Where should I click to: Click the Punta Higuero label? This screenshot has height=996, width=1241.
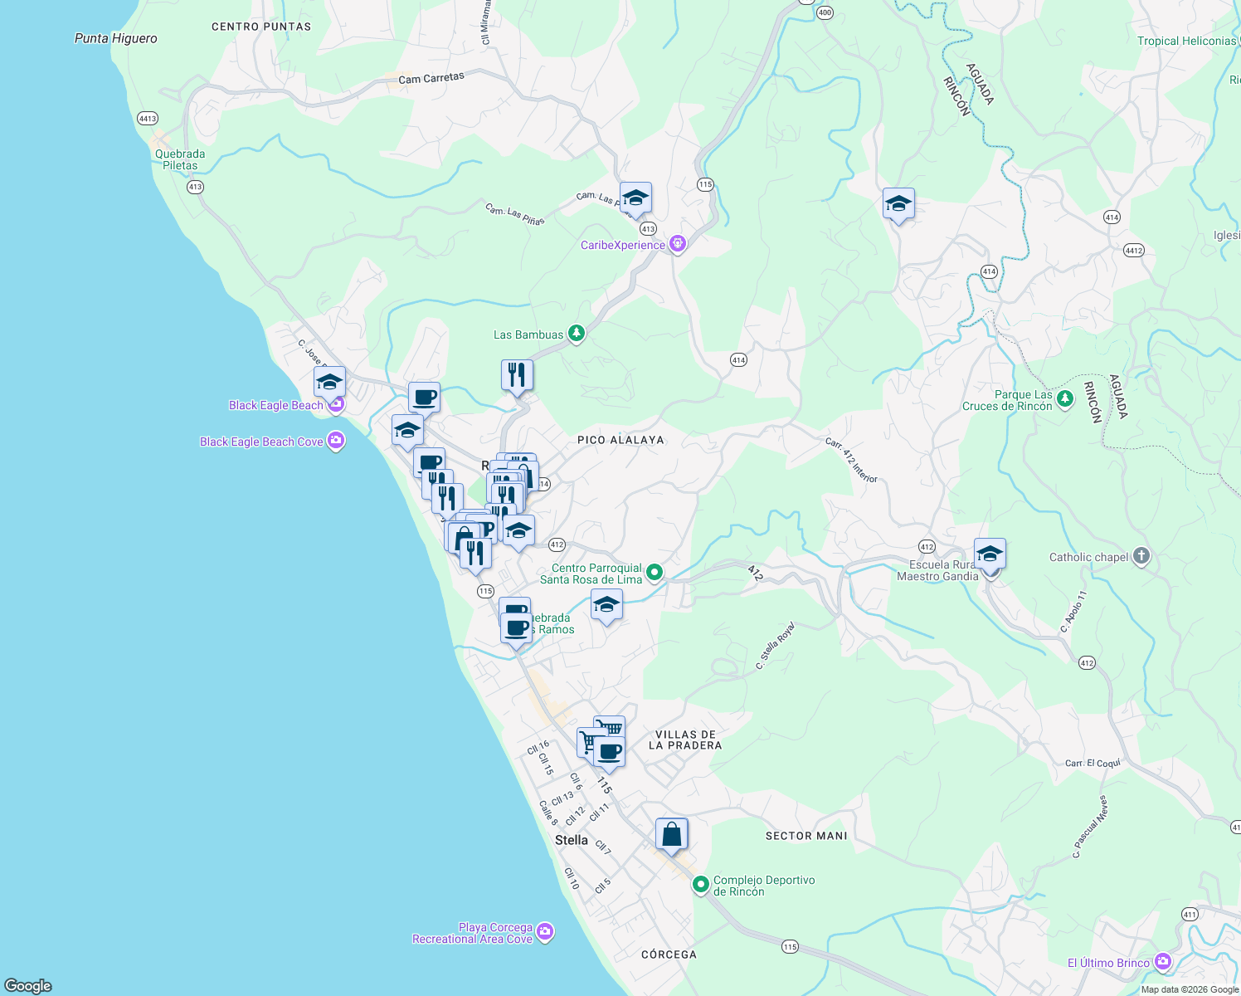(x=115, y=38)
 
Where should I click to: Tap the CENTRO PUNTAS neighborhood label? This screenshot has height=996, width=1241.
(x=261, y=27)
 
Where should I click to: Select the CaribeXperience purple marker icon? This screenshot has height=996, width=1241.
(x=678, y=244)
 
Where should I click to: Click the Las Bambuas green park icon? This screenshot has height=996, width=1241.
(x=576, y=334)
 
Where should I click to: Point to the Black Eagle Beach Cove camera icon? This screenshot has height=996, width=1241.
(x=336, y=441)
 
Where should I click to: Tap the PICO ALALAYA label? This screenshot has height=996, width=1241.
(x=620, y=440)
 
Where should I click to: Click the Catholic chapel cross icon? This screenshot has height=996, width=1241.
(x=1141, y=556)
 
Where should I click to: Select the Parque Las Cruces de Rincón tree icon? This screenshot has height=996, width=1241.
(x=1065, y=399)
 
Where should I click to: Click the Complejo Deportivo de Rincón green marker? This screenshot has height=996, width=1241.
(x=701, y=885)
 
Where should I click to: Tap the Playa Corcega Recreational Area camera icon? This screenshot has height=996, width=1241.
(x=545, y=932)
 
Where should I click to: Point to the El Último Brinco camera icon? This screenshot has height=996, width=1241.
(x=1163, y=962)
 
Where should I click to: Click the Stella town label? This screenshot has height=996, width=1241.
(x=571, y=840)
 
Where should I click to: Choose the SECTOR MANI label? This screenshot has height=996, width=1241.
(x=806, y=836)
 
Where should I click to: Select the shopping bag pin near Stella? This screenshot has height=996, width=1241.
(x=671, y=834)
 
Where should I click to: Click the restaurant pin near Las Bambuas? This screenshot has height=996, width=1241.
(x=517, y=375)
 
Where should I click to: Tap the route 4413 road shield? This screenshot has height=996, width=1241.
(x=148, y=119)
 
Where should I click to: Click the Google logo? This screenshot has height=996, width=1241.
(x=28, y=985)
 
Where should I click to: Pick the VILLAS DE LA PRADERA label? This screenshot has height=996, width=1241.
(x=684, y=740)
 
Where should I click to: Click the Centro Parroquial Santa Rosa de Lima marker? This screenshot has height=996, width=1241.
(x=655, y=572)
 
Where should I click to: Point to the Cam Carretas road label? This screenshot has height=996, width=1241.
(x=431, y=78)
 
